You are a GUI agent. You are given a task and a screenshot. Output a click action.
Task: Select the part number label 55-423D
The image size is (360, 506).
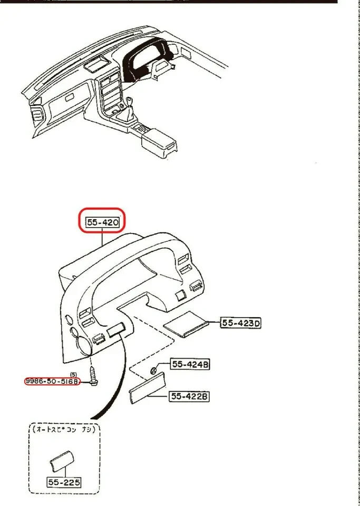coord(240,323)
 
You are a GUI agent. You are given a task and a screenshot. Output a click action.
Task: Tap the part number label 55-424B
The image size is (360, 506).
coord(190,364)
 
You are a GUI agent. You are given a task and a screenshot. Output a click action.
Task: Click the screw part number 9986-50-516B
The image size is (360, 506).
coord(52,381)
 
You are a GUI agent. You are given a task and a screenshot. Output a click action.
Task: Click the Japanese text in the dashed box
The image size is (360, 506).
coord(63,430)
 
